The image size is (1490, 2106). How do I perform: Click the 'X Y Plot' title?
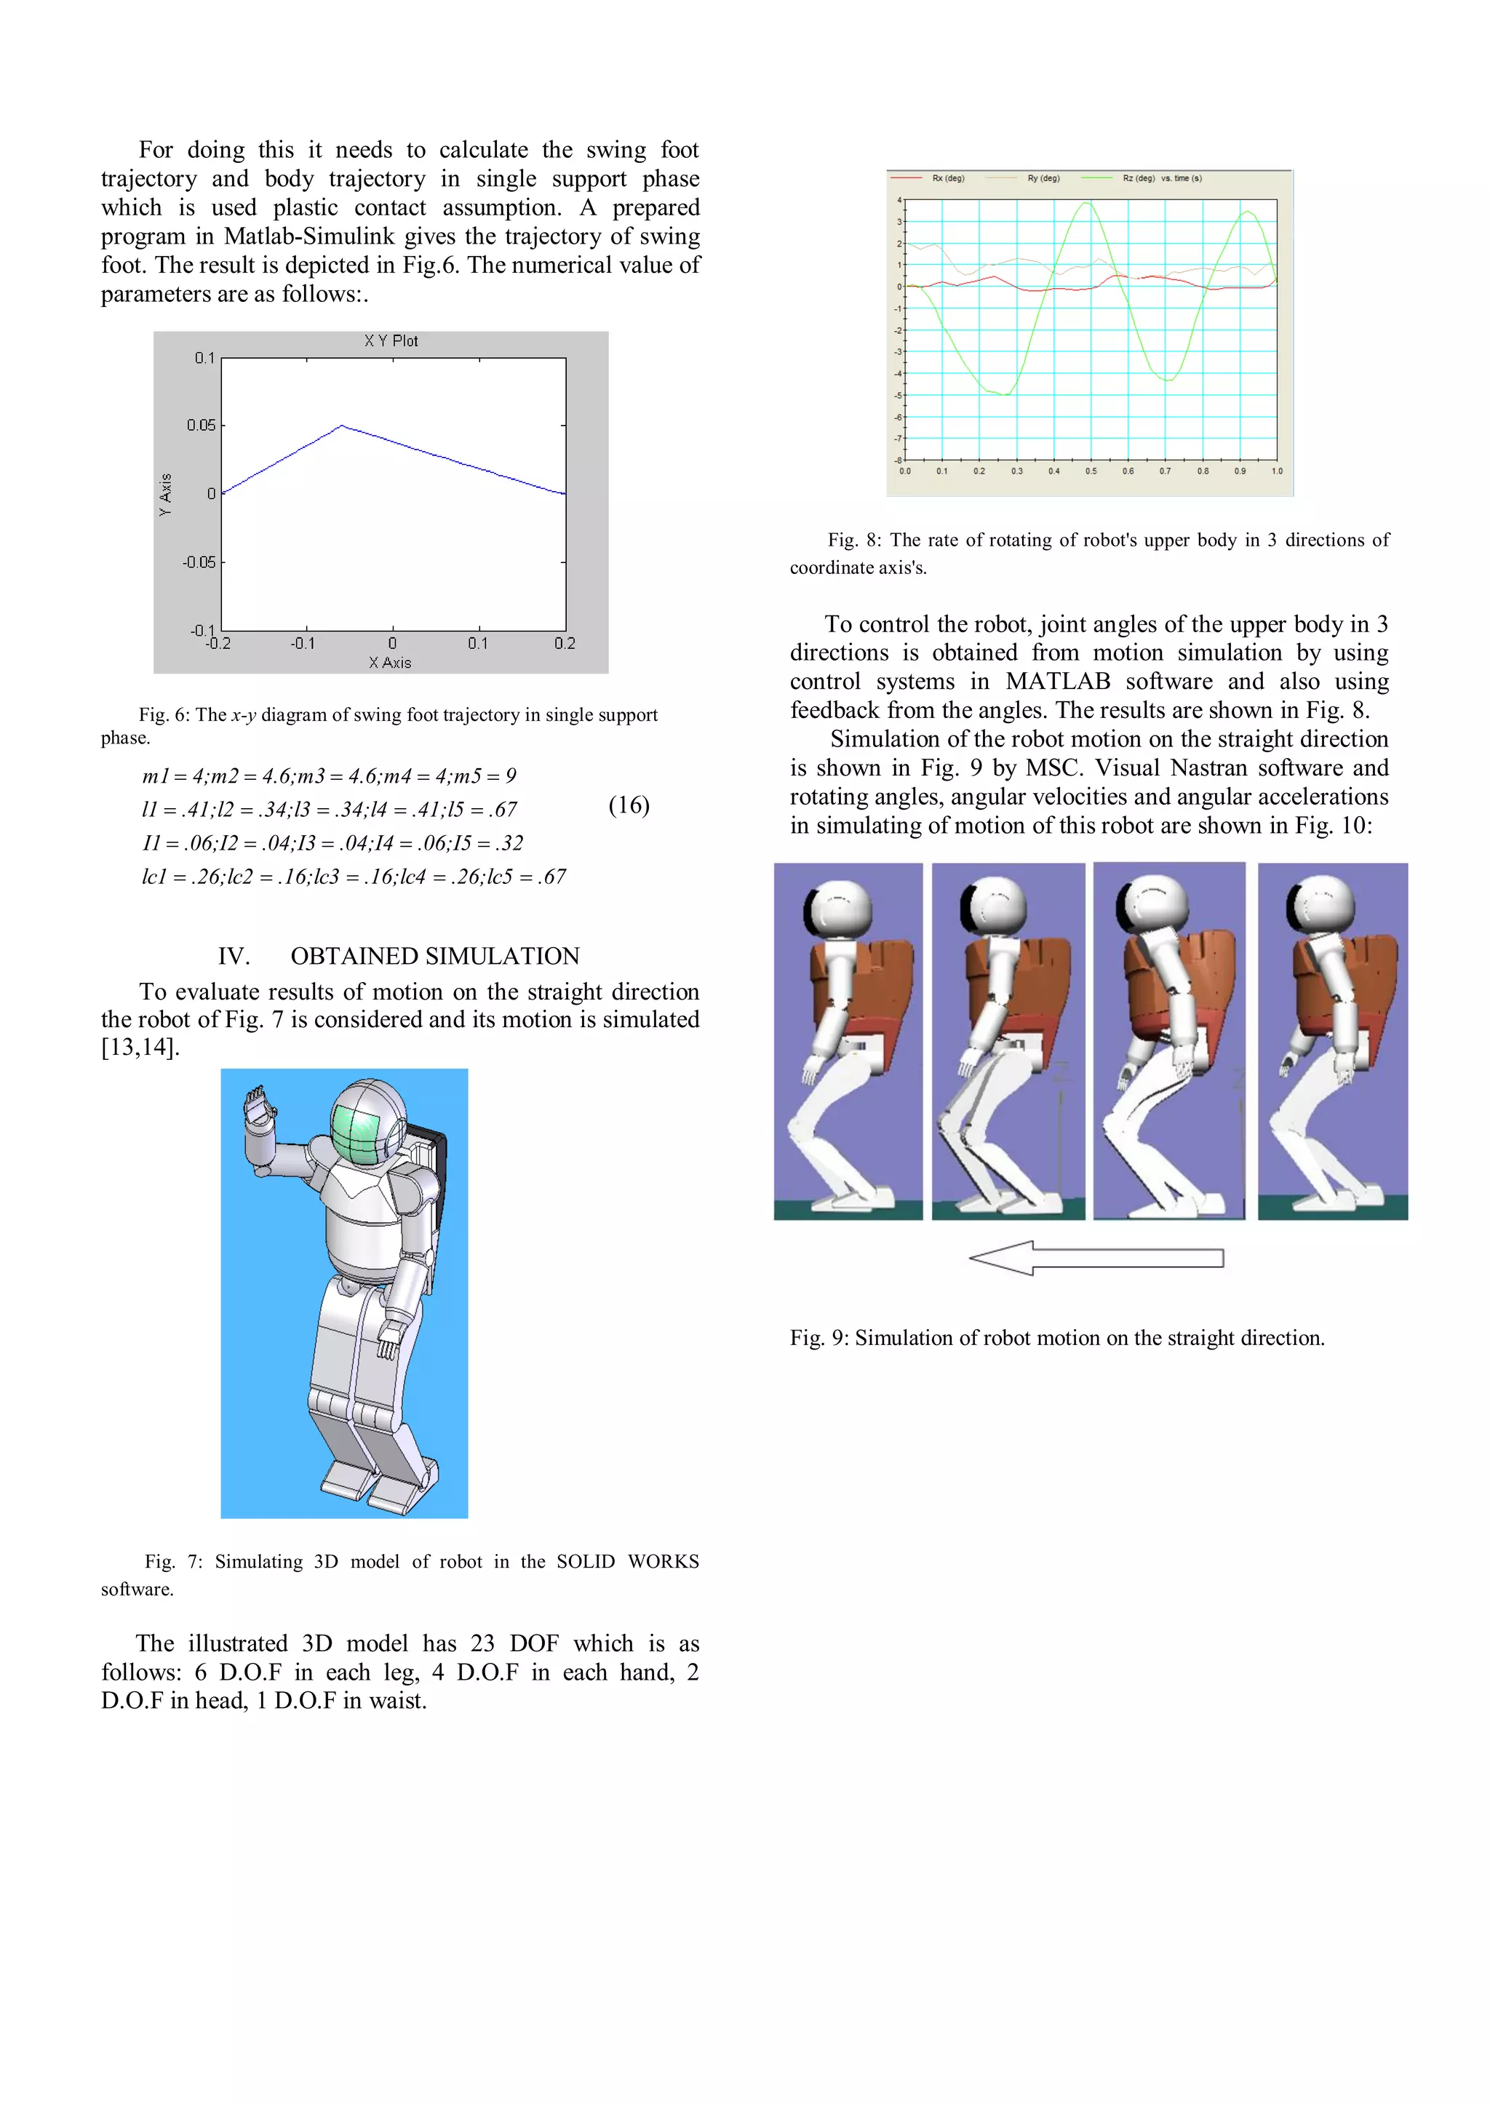coord(391,341)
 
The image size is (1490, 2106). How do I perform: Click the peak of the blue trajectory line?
coord(341,426)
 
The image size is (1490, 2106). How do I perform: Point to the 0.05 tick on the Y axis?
coord(202,426)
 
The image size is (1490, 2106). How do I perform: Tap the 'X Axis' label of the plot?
coord(390,662)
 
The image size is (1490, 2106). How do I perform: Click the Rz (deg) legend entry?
coord(1138,178)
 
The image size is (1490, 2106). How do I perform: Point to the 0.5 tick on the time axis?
coord(1091,471)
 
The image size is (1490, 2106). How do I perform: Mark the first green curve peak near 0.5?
coord(1089,203)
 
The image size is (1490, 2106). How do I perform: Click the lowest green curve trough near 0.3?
coord(1008,394)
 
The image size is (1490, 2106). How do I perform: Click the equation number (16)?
coord(629,805)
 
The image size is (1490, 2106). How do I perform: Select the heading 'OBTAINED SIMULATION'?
coord(435,956)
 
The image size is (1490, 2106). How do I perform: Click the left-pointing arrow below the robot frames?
coord(1096,1258)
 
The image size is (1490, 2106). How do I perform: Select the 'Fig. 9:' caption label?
coord(818,1339)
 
